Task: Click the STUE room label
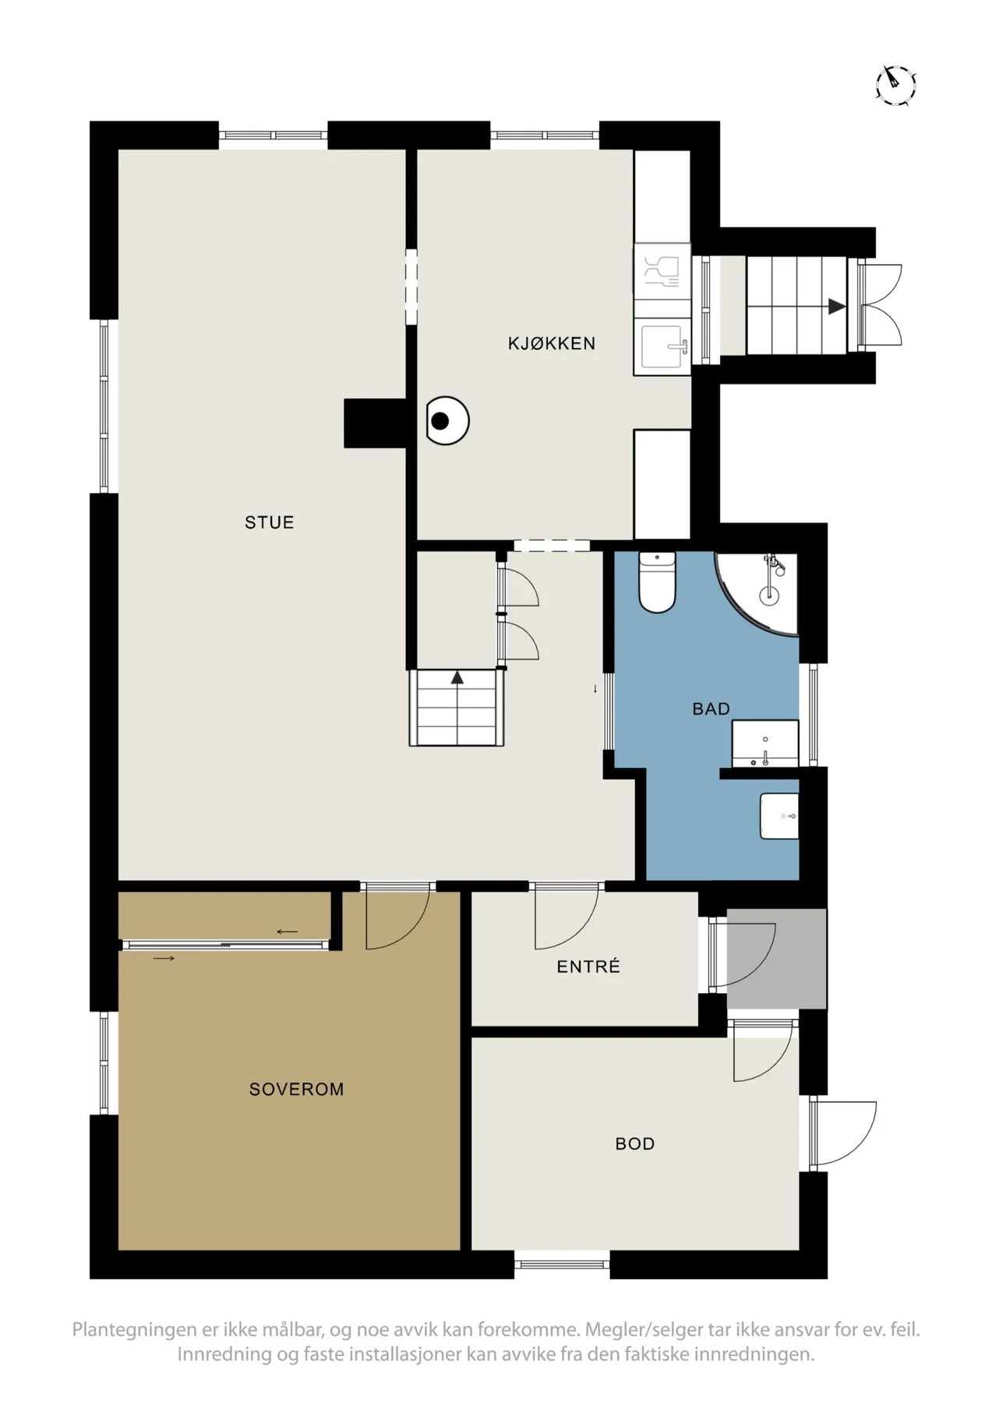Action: pyautogui.click(x=269, y=522)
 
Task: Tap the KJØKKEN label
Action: pyautogui.click(x=552, y=343)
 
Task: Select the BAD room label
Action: pyautogui.click(x=711, y=709)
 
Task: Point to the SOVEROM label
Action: pyautogui.click(x=296, y=1089)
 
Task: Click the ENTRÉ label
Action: pyautogui.click(x=588, y=966)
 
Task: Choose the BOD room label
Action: pyautogui.click(x=635, y=1143)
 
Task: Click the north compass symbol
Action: pyautogui.click(x=895, y=84)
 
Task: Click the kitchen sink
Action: pyautogui.click(x=664, y=347)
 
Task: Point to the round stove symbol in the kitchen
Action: pyautogui.click(x=447, y=421)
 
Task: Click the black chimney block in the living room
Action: pyautogui.click(x=375, y=423)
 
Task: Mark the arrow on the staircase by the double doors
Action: pyautogui.click(x=837, y=306)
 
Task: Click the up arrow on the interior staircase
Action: pyautogui.click(x=457, y=678)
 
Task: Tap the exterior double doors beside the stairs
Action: pyautogui.click(x=881, y=305)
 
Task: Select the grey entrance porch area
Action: pyautogui.click(x=776, y=958)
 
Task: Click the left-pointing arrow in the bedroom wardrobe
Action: pyautogui.click(x=287, y=932)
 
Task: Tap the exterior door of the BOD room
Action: pyautogui.click(x=843, y=1134)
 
